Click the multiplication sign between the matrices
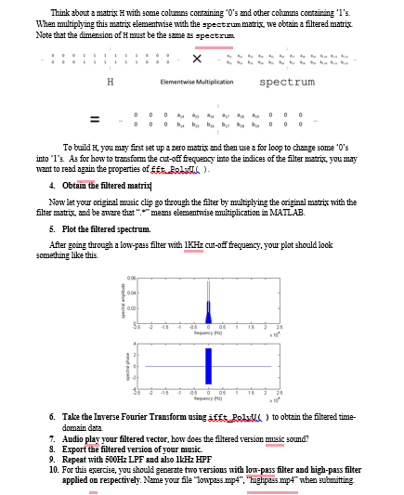[x=198, y=58]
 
